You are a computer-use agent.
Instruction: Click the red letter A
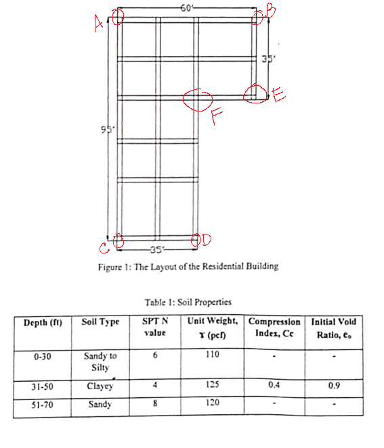(x=99, y=25)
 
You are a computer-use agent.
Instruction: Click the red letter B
(x=269, y=9)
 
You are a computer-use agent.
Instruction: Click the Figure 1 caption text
(x=188, y=266)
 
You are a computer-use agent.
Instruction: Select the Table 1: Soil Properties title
(x=188, y=302)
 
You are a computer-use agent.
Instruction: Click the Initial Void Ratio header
(x=333, y=327)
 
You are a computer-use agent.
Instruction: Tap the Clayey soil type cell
(x=100, y=387)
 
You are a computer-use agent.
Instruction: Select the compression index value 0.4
(x=273, y=385)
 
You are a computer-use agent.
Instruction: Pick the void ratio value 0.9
(x=333, y=386)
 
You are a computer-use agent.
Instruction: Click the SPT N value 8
(x=156, y=404)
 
